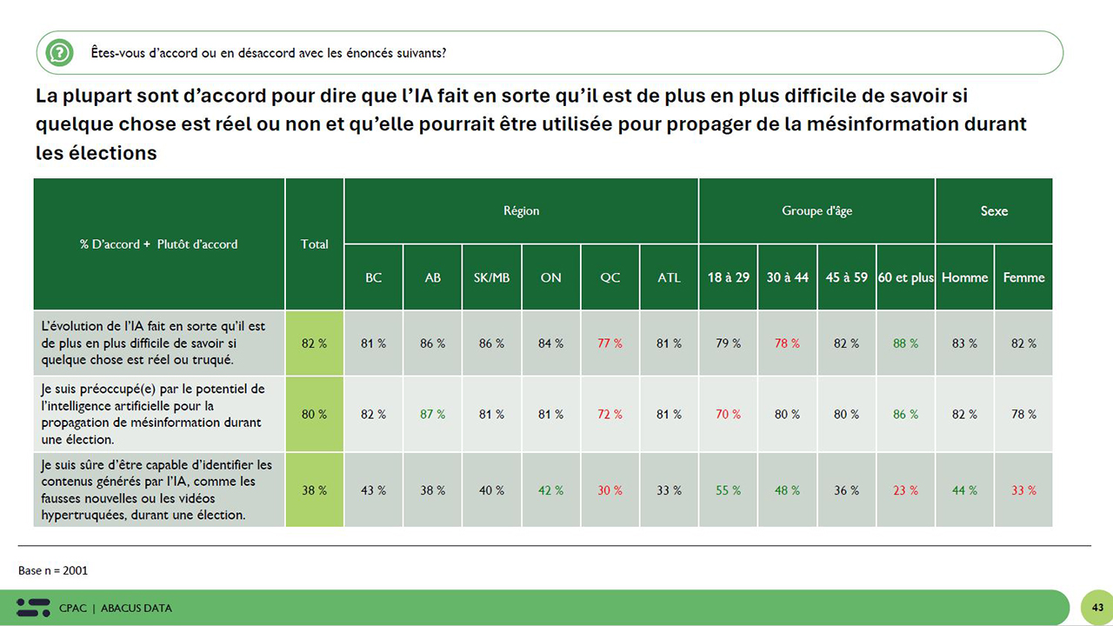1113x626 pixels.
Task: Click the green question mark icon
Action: (59, 53)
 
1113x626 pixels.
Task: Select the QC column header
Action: (610, 277)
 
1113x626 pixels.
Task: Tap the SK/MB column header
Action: (491, 277)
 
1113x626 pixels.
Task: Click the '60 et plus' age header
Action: (905, 277)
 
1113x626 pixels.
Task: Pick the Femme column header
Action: (1023, 277)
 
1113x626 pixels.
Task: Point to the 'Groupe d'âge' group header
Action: (816, 211)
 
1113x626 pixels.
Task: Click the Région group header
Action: (521, 211)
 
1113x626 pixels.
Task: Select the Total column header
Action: (315, 244)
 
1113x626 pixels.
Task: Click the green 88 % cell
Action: (905, 343)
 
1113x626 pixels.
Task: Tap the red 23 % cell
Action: (905, 490)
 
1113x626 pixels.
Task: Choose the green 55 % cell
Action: (728, 490)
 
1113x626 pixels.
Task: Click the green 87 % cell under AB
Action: (432, 415)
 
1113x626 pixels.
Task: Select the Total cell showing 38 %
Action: (315, 490)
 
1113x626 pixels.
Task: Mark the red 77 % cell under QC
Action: (610, 343)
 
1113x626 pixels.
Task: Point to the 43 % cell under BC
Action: (373, 490)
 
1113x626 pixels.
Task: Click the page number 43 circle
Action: (1097, 607)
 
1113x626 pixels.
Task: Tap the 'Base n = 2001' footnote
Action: (53, 570)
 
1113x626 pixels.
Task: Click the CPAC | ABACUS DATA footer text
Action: (116, 608)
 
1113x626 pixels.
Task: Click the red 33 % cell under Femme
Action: (1023, 490)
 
